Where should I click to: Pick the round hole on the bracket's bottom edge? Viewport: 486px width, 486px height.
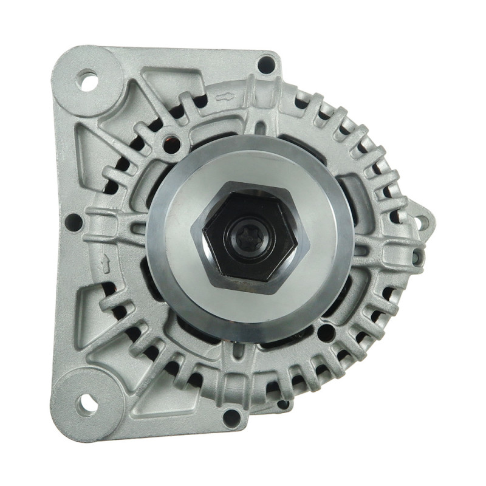pyautogui.click(x=230, y=417)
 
